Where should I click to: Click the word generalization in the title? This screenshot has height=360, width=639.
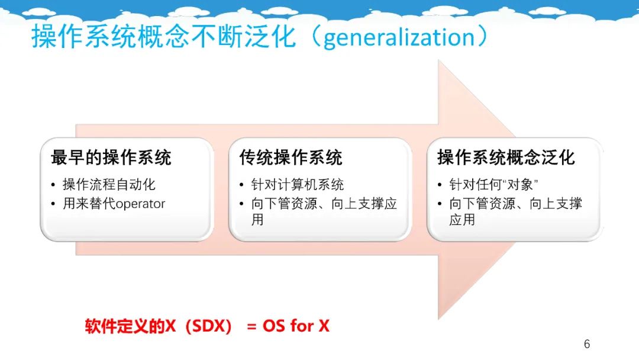click(x=399, y=37)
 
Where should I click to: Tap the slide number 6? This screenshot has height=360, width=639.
click(x=587, y=344)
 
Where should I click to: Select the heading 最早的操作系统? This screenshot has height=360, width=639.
click(x=111, y=157)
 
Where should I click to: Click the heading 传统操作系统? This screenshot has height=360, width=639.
click(x=291, y=157)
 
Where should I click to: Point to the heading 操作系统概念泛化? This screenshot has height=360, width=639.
click(x=506, y=157)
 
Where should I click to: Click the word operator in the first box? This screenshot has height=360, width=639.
click(x=141, y=204)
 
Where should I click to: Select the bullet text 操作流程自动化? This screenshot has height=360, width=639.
click(x=109, y=185)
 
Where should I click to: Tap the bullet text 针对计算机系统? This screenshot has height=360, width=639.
click(x=298, y=185)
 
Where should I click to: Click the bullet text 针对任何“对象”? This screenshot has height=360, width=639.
click(x=493, y=185)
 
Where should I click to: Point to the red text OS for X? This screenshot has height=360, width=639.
click(x=296, y=326)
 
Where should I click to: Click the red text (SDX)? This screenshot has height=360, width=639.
click(x=208, y=326)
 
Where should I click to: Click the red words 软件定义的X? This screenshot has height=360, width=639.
click(x=130, y=326)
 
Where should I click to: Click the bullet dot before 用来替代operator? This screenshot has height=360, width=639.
click(x=53, y=204)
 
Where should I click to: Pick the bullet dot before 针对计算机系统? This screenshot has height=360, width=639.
click(x=241, y=185)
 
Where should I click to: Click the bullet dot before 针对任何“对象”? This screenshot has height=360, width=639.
click(x=440, y=185)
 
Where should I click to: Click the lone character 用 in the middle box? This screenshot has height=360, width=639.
click(x=257, y=220)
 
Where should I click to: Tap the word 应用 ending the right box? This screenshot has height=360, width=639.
click(x=462, y=220)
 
